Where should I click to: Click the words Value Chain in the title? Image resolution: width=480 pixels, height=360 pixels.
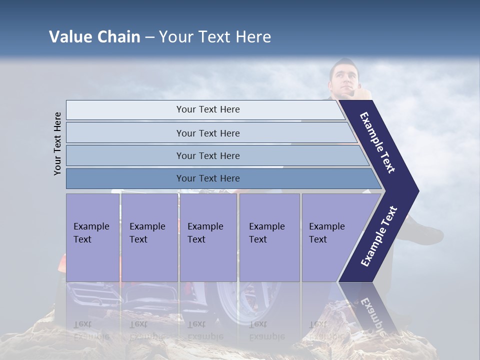[94, 37]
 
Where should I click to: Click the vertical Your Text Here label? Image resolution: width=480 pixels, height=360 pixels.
[58, 143]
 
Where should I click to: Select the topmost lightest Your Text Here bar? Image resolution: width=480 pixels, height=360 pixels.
[207, 109]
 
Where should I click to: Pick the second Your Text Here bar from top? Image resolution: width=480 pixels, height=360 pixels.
[207, 133]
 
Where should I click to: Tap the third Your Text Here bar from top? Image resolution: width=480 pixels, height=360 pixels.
[207, 155]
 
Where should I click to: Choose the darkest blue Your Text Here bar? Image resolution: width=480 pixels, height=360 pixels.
[207, 178]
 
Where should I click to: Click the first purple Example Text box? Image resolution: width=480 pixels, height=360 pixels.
[92, 237]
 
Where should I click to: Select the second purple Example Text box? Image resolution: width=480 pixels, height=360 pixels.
[149, 237]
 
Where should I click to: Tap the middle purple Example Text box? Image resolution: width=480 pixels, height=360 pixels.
[208, 237]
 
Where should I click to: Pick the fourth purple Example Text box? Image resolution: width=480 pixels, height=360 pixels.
[269, 237]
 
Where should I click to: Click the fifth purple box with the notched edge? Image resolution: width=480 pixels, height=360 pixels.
[330, 237]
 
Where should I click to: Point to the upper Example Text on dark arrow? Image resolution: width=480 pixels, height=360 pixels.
[378, 142]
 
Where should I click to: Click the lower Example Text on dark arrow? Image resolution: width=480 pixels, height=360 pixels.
[378, 236]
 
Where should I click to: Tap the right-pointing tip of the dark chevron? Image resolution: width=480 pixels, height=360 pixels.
[415, 191]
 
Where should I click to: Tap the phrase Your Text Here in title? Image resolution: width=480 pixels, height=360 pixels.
[215, 37]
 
